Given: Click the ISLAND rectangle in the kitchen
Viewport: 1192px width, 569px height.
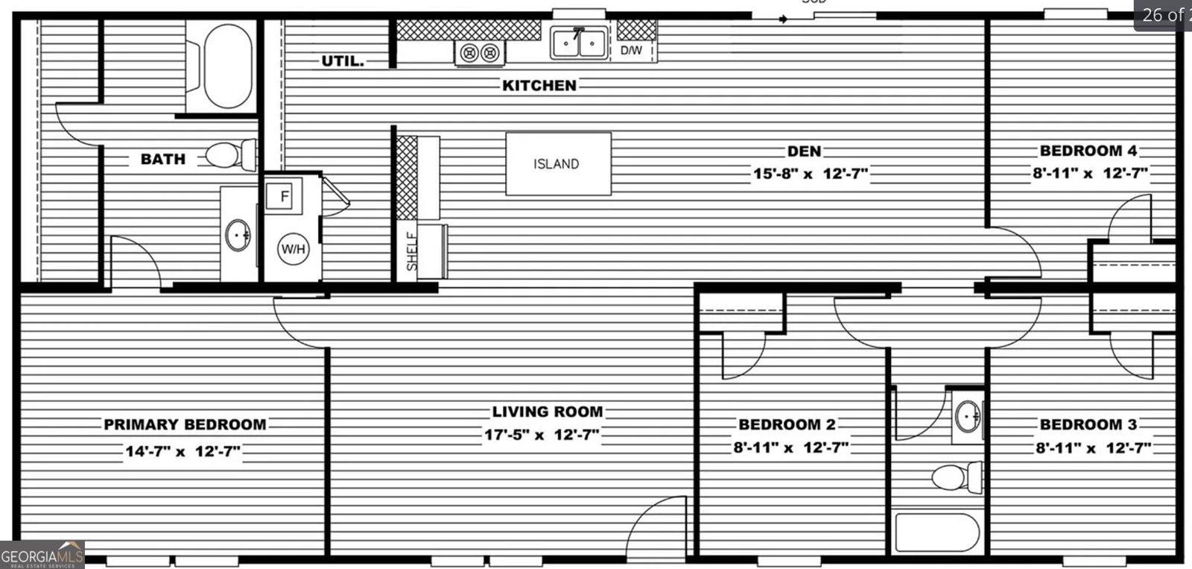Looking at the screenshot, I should pyautogui.click(x=558, y=164).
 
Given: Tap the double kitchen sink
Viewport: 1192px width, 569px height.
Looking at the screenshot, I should pyautogui.click(x=578, y=43).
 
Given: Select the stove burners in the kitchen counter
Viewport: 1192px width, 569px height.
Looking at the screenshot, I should pyautogui.click(x=479, y=52).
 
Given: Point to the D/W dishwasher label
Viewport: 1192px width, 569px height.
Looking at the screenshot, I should pyautogui.click(x=631, y=51).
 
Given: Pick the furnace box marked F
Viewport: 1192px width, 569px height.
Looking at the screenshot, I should pyautogui.click(x=283, y=197).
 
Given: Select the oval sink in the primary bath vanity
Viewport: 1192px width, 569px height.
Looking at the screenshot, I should pyautogui.click(x=238, y=236).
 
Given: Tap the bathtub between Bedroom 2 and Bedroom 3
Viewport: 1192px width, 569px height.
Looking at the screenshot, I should pyautogui.click(x=937, y=532).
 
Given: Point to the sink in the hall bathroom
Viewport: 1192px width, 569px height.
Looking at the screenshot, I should pyautogui.click(x=968, y=415).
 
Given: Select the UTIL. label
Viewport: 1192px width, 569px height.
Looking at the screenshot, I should pyautogui.click(x=343, y=61).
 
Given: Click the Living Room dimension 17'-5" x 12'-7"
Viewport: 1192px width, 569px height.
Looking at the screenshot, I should pyautogui.click(x=542, y=436).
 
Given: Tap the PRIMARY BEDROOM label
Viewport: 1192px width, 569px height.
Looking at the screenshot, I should pyautogui.click(x=185, y=424).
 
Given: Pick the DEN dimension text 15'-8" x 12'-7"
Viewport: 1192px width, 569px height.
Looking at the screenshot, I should pyautogui.click(x=810, y=175).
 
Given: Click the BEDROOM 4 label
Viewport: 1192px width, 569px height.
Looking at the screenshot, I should pyautogui.click(x=1088, y=151).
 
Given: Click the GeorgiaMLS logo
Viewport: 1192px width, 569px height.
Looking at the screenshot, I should pyautogui.click(x=42, y=556).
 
